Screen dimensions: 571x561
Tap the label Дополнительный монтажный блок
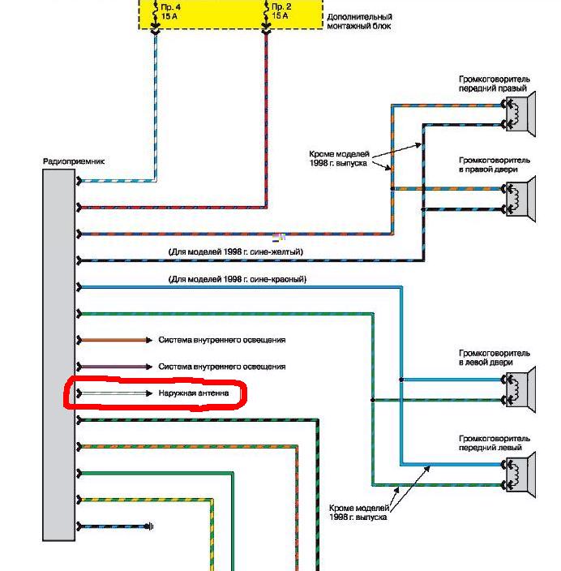click(x=358, y=21)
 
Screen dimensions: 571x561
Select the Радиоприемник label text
click(x=73, y=161)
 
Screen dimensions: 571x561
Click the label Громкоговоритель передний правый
click(x=494, y=84)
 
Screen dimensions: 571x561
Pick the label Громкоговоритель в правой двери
click(x=494, y=165)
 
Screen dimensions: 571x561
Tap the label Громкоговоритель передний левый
click(x=494, y=443)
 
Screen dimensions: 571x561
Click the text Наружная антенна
click(x=194, y=393)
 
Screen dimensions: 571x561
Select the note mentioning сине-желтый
click(x=235, y=252)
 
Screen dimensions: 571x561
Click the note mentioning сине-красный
click(x=237, y=279)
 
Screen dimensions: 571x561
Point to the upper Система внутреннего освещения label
click(x=222, y=340)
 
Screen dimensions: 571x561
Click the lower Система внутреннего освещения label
click(x=222, y=367)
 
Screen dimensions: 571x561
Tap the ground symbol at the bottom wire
click(x=151, y=527)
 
